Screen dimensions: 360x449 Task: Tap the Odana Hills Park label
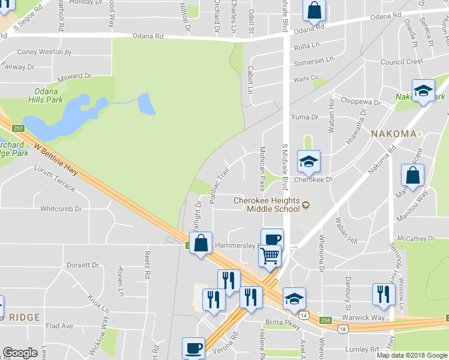click(46, 96)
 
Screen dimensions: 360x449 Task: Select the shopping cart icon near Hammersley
click(270, 256)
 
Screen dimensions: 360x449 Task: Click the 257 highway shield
click(19, 128)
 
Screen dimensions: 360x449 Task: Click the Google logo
click(20, 353)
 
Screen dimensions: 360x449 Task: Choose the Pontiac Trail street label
click(220, 185)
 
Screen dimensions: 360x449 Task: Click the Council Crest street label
click(402, 62)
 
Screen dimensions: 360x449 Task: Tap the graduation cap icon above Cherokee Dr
click(309, 161)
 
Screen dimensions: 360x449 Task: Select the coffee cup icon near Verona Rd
click(194, 347)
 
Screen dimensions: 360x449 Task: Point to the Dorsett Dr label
click(83, 265)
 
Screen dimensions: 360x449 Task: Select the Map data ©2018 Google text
click(411, 355)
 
